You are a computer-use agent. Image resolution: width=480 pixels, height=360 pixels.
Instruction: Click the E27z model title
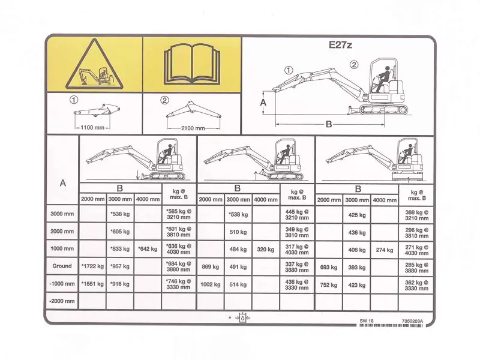click(x=340, y=45)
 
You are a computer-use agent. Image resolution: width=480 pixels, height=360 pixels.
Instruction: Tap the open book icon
click(x=192, y=64)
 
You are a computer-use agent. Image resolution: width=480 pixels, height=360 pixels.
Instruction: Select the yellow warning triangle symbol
click(x=95, y=64)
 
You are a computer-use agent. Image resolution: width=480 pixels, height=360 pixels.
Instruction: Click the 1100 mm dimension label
click(x=92, y=127)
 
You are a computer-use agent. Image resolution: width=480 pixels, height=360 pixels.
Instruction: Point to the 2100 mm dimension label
click(x=193, y=128)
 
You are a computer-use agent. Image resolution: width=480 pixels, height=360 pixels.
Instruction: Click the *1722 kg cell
click(x=92, y=266)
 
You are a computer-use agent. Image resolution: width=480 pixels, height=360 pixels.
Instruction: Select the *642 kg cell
click(x=148, y=249)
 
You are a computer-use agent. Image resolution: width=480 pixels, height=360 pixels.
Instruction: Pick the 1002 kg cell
click(x=211, y=284)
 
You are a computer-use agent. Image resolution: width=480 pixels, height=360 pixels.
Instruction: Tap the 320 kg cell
click(x=266, y=250)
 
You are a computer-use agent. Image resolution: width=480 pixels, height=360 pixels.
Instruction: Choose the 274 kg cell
click(x=385, y=250)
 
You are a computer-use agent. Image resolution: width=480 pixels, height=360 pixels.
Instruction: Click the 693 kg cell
click(x=329, y=267)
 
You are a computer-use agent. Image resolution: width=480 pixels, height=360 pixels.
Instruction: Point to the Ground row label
click(x=62, y=266)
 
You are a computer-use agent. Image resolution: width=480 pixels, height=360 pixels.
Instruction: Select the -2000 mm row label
click(x=62, y=301)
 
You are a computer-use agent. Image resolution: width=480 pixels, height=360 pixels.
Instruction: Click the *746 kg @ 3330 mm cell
click(x=179, y=284)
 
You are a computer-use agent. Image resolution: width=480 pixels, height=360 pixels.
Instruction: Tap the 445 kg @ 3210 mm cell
click(x=297, y=215)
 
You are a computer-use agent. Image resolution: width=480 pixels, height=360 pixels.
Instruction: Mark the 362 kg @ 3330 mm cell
click(x=416, y=286)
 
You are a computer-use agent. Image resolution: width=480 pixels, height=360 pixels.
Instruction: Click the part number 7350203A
click(x=412, y=321)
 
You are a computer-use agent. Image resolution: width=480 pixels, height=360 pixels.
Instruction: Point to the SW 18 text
click(x=367, y=321)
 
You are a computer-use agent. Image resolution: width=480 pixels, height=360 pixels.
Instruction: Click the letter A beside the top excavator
click(x=263, y=103)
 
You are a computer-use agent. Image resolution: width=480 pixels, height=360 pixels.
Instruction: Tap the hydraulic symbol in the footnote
click(x=243, y=318)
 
